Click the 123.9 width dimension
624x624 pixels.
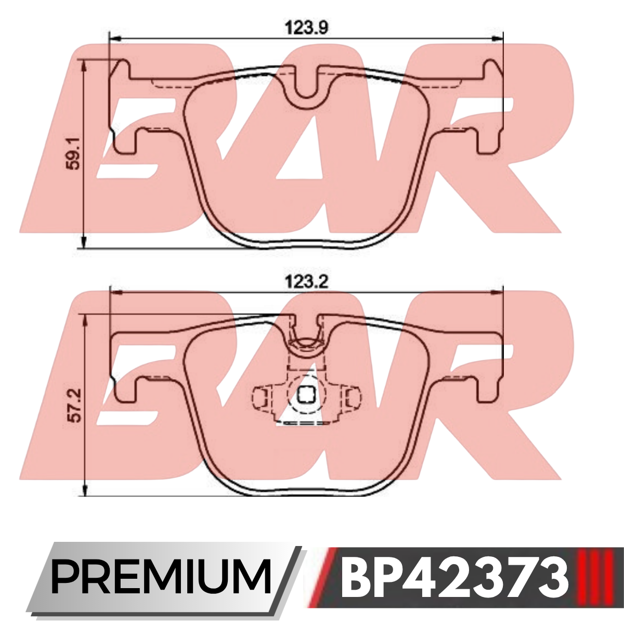coord(307,28)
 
